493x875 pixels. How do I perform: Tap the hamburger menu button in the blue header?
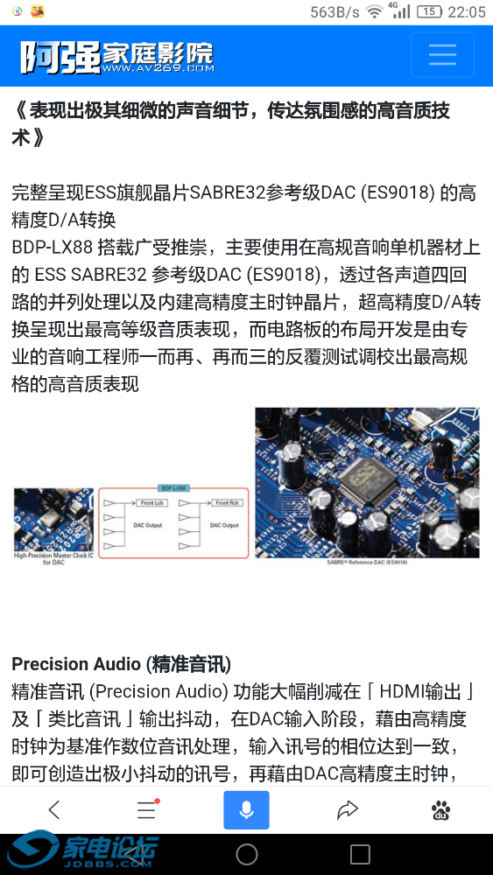[442, 54]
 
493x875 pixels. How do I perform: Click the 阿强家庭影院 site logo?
[117, 57]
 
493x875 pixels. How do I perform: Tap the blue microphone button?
[246, 810]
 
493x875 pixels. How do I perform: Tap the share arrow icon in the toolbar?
[348, 810]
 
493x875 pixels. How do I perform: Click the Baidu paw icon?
[441, 811]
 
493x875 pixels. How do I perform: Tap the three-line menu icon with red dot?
[147, 810]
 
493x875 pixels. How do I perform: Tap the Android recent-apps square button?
[360, 854]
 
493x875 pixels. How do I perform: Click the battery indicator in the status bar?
[429, 11]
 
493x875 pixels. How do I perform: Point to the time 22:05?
[466, 11]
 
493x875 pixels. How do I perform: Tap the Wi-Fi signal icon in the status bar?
[375, 11]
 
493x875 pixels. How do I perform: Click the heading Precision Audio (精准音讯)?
[122, 663]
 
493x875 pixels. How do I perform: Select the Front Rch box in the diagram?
[227, 503]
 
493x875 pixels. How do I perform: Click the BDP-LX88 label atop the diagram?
[174, 487]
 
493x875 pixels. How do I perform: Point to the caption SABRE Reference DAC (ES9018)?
[367, 562]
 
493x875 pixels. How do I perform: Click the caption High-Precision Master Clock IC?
[53, 557]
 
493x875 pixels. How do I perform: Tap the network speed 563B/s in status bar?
[335, 11]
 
